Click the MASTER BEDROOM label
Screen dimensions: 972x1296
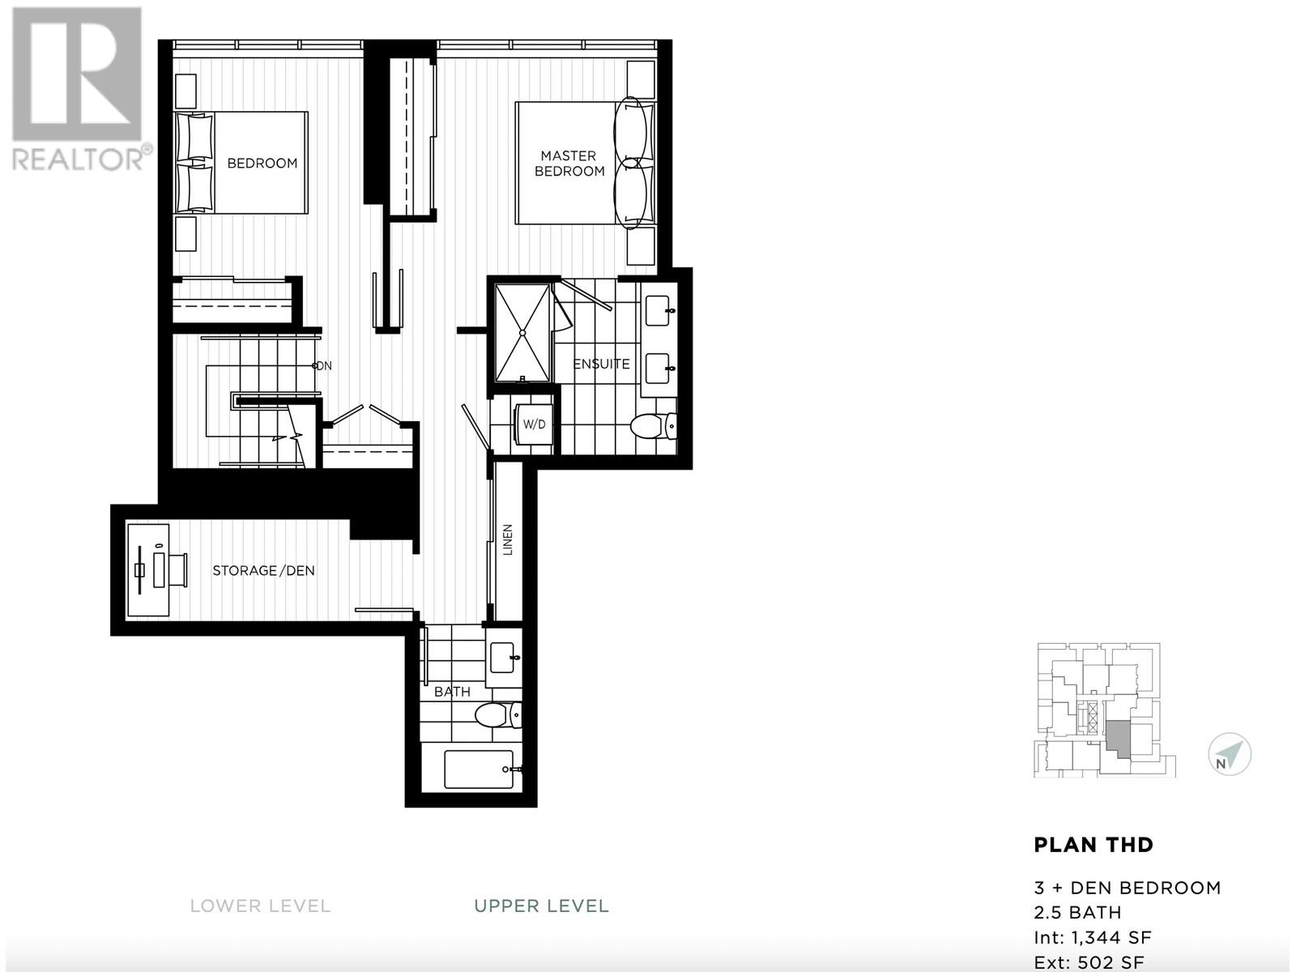[569, 163]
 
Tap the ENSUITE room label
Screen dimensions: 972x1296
[601, 364]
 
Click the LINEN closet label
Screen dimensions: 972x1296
[508, 539]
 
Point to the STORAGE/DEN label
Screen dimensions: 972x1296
[263, 570]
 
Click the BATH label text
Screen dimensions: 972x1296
[452, 692]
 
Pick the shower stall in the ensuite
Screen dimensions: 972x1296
[523, 331]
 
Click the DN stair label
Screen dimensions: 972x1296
[324, 365]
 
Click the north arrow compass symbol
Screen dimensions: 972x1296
[1230, 755]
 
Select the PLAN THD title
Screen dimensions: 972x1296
[1093, 845]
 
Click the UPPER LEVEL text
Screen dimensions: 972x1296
[541, 906]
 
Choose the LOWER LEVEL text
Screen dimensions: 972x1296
[260, 906]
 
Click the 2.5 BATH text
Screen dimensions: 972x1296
[1077, 913]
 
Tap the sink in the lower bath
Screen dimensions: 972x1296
[504, 658]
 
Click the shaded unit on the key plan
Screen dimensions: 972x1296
[1117, 735]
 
